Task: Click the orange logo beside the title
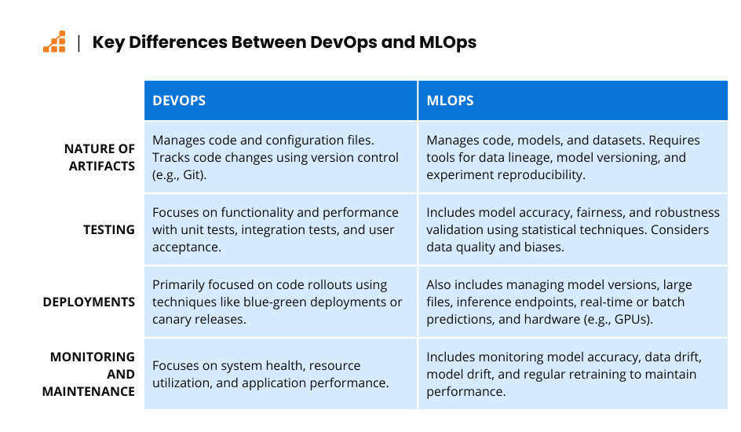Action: click(x=54, y=42)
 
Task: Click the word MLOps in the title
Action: click(x=447, y=42)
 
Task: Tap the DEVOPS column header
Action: click(x=179, y=101)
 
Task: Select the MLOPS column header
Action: click(x=450, y=101)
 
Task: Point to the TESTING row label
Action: click(x=109, y=229)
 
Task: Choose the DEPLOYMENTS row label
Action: click(x=89, y=302)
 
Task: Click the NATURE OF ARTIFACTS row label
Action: click(x=100, y=157)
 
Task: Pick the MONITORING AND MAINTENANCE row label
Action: click(x=89, y=374)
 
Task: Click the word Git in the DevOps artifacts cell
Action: click(x=192, y=175)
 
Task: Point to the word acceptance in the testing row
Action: click(x=186, y=247)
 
